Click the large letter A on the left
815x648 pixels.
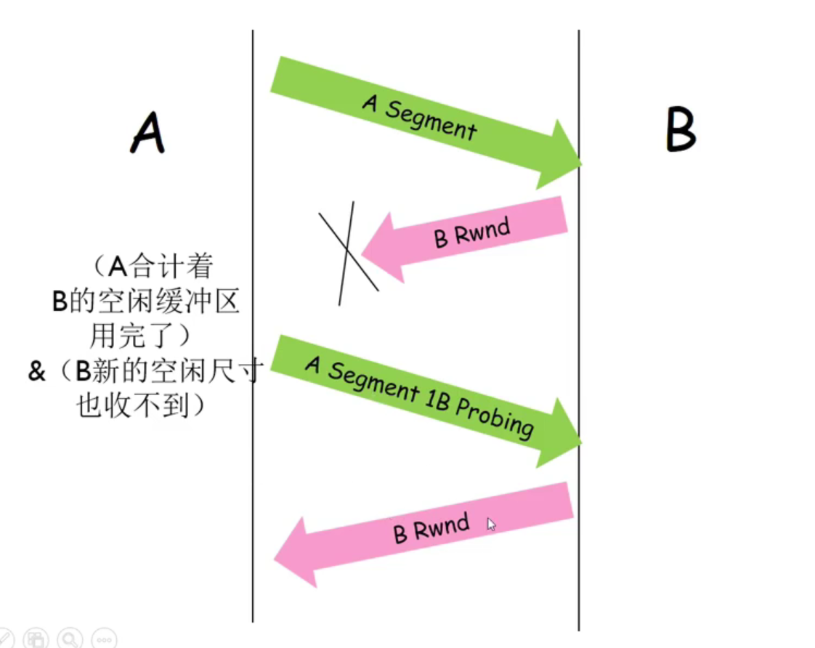(147, 134)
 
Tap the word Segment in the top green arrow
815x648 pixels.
(430, 121)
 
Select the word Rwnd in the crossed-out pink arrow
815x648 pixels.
(484, 231)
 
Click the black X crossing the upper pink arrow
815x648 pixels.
(348, 251)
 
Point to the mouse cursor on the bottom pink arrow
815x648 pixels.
(492, 525)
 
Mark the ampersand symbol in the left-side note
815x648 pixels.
(36, 372)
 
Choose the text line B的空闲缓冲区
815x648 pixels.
(145, 301)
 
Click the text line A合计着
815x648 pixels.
(156, 267)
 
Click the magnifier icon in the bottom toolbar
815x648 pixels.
(70, 639)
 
